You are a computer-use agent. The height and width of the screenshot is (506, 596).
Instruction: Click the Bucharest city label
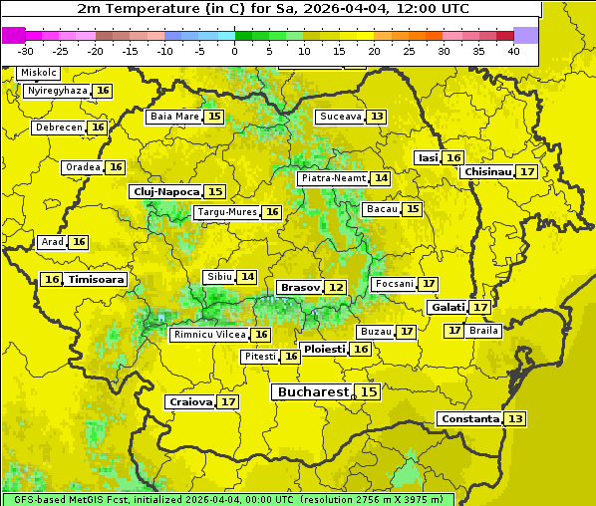click(x=312, y=392)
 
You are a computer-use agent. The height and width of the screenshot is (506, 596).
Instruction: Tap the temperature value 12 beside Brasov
click(x=336, y=288)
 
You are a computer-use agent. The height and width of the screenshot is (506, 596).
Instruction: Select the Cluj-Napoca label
click(x=165, y=191)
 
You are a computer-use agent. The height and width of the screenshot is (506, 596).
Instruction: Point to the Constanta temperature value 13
click(x=515, y=419)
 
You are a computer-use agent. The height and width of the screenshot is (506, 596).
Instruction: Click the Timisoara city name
click(x=97, y=280)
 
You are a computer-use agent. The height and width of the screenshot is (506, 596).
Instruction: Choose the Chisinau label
click(x=487, y=171)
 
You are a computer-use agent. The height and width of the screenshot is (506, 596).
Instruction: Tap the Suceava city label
click(x=340, y=117)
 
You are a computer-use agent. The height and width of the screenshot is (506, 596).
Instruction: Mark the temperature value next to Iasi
click(x=453, y=157)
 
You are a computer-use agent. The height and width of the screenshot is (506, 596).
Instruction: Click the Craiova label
click(x=190, y=402)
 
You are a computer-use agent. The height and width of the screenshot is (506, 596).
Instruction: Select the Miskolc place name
click(x=39, y=73)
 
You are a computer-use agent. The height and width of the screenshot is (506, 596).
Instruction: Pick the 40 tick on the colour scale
click(x=513, y=51)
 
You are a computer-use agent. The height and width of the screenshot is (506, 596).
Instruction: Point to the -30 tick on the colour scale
click(x=26, y=51)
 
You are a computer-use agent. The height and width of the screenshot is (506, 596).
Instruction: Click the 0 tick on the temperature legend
click(x=234, y=51)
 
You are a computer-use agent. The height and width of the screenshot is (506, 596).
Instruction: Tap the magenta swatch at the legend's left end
click(x=13, y=35)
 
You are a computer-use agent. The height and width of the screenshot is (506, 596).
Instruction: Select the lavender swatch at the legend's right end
click(x=526, y=35)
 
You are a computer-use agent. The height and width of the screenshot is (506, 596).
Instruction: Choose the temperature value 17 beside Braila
click(x=454, y=330)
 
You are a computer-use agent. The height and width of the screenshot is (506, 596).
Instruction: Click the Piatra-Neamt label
click(x=333, y=178)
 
